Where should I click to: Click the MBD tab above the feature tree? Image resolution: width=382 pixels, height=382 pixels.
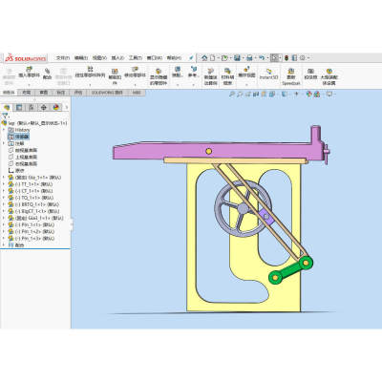(137, 93)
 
